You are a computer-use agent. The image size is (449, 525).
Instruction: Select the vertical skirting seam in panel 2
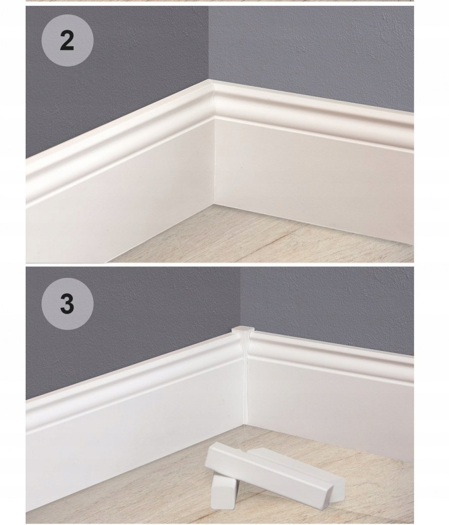pos(214,163)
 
